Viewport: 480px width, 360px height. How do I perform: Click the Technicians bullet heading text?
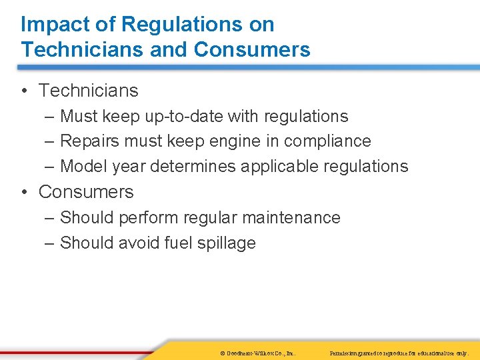click(88, 91)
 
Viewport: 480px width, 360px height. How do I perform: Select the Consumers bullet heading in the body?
click(86, 192)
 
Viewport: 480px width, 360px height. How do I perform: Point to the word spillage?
click(226, 243)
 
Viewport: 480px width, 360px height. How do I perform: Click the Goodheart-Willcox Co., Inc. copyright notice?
click(257, 352)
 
